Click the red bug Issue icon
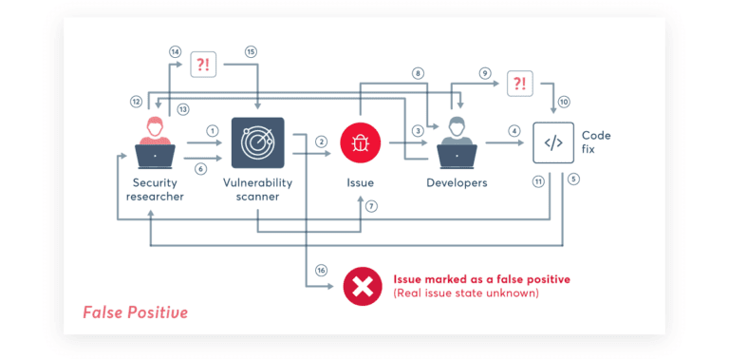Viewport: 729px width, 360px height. click(x=361, y=142)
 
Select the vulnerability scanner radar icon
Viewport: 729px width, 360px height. click(x=258, y=143)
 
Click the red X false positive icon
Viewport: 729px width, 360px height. click(x=362, y=286)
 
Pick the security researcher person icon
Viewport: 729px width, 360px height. click(x=155, y=142)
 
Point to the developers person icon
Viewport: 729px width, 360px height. click(x=457, y=142)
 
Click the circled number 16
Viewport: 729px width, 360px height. click(x=322, y=271)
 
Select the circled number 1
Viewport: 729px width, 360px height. click(x=213, y=131)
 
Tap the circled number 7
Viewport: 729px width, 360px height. click(x=371, y=205)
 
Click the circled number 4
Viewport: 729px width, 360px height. click(x=514, y=131)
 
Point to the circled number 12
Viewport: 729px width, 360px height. click(x=137, y=101)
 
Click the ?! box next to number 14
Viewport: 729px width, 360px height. click(x=202, y=65)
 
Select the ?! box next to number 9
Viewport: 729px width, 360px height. click(x=518, y=84)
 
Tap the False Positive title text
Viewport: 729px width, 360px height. click(x=135, y=312)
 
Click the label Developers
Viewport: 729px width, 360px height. click(x=457, y=182)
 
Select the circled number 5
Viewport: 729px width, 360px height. click(x=574, y=179)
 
